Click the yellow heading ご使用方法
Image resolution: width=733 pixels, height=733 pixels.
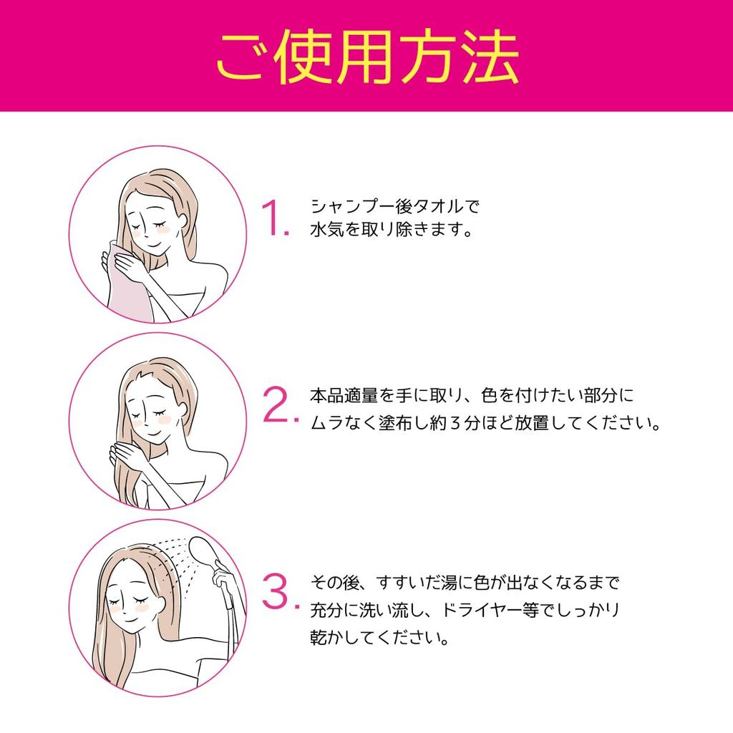(366, 57)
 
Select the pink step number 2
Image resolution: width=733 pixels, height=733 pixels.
(276, 405)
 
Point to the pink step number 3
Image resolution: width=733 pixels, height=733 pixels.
(276, 591)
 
